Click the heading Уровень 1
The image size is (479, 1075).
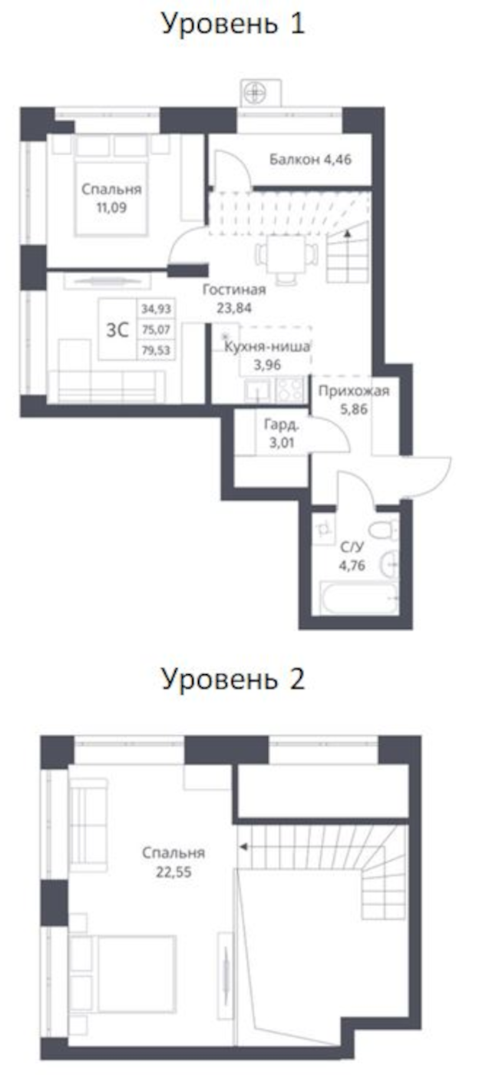click(233, 24)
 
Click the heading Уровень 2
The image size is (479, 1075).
click(233, 679)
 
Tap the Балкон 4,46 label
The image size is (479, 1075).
click(310, 160)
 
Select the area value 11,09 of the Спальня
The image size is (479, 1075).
click(111, 207)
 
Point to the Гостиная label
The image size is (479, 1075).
click(234, 290)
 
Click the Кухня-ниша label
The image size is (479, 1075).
click(267, 347)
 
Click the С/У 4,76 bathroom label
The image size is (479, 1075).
click(352, 557)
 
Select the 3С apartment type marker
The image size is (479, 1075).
click(117, 331)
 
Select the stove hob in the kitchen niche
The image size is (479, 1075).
click(291, 389)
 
